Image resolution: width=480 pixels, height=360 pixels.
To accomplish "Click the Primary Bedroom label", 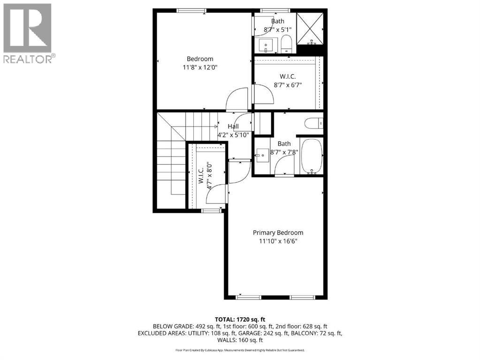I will pyautogui.click(x=278, y=232).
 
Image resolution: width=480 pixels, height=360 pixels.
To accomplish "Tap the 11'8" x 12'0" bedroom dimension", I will pyautogui.click(x=200, y=67).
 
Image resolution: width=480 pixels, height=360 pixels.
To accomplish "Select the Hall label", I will pyautogui.click(x=233, y=127).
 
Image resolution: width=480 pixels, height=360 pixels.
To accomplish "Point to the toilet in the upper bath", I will pyautogui.click(x=287, y=45).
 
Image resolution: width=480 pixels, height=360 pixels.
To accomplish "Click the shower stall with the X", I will pyautogui.click(x=310, y=28).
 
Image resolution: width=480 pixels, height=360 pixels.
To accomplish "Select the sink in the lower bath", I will pyautogui.click(x=262, y=155).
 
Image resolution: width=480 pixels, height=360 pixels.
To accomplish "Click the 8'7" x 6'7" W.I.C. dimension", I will pyautogui.click(x=288, y=85).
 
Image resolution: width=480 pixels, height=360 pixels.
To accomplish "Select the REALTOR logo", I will pyautogui.click(x=28, y=33).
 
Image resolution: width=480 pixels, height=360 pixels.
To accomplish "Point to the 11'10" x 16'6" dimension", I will pyautogui.click(x=278, y=241).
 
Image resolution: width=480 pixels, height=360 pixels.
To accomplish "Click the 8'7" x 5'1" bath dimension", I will pyautogui.click(x=278, y=30).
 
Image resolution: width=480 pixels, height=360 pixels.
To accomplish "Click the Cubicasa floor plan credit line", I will pyautogui.click(x=240, y=350).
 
